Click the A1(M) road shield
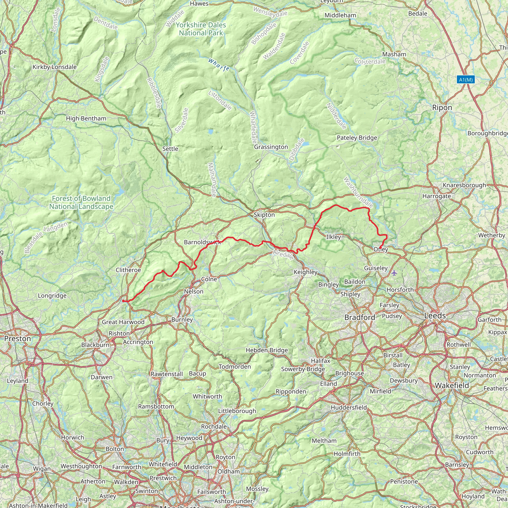[466, 80]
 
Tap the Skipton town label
[264, 215]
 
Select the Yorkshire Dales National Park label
[201, 29]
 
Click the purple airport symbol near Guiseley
[394, 273]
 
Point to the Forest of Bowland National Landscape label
[81, 202]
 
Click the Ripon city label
[442, 108]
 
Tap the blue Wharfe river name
[219, 65]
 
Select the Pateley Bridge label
[357, 138]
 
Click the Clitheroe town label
[128, 270]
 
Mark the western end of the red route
[123, 301]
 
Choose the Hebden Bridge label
[267, 350]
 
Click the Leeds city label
[435, 316]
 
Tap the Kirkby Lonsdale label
[54, 67]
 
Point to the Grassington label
[271, 147]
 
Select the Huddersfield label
[349, 408]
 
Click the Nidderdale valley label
[336, 116]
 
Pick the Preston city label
[18, 339]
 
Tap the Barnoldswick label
[202, 242]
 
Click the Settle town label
[170, 149]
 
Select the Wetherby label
[491, 235]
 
